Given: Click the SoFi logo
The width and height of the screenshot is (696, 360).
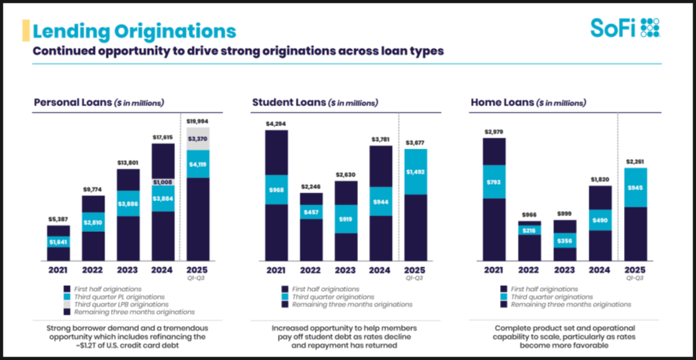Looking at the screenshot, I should [625, 28].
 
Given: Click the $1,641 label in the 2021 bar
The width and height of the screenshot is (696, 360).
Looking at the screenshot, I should [58, 242].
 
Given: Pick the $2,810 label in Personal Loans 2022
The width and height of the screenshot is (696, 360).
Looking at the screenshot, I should [93, 222].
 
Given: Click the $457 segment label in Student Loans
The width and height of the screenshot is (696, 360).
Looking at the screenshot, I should [311, 213].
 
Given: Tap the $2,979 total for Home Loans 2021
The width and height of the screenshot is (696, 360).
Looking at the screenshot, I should [494, 131].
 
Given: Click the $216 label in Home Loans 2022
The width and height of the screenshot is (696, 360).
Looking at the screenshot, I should [529, 230].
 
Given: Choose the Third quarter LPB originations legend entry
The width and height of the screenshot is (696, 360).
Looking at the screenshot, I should [124, 304].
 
